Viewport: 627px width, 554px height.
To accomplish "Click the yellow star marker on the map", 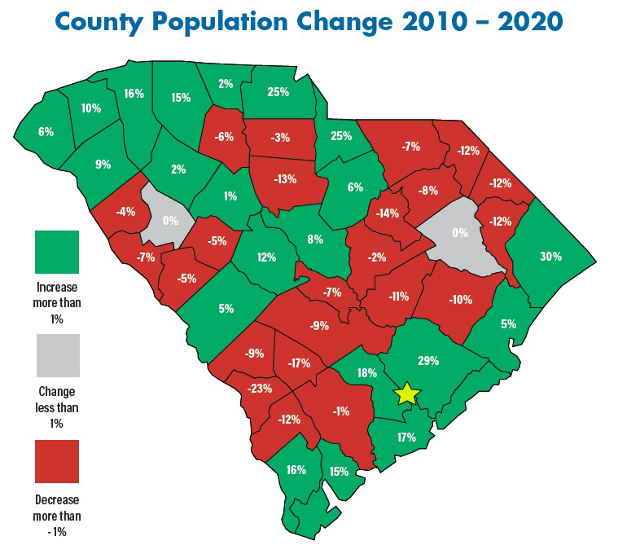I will (406, 394).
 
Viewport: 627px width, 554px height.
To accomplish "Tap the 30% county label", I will (550, 256).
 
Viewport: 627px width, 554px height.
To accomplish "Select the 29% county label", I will (428, 360).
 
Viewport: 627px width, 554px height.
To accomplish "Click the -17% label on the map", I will (299, 363).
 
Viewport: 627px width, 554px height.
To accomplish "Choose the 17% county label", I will (406, 437).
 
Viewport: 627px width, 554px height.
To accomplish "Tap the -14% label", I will (388, 214).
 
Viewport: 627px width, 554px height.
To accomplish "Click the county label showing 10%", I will (91, 108).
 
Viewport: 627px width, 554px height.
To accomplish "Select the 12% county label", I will (267, 257).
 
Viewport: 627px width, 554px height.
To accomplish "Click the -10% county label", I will (460, 299).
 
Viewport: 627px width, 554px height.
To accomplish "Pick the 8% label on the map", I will (315, 239).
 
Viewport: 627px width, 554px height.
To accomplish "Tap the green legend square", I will (56, 252).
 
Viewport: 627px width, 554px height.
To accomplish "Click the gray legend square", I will (56, 355).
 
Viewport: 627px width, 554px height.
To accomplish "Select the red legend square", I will (56, 461).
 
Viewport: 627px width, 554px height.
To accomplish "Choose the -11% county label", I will (398, 297).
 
